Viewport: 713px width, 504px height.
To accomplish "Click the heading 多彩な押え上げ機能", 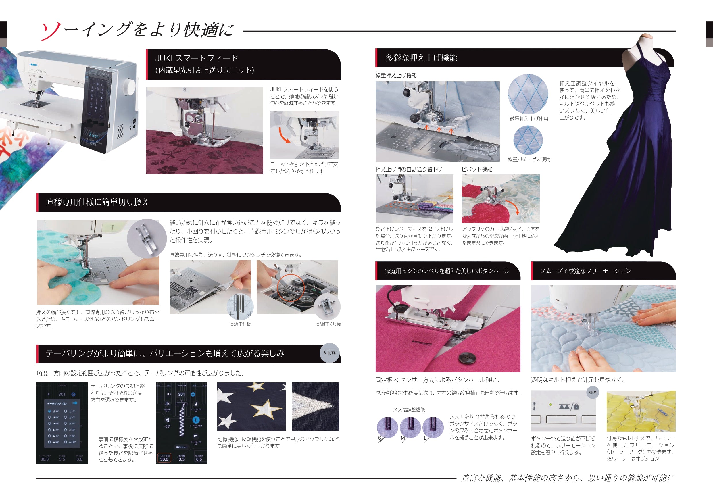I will (421, 58).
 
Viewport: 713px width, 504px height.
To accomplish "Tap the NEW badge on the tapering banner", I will (329, 353).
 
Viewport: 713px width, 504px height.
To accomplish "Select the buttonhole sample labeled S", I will (387, 428).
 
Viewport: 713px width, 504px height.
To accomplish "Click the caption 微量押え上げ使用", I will (528, 119).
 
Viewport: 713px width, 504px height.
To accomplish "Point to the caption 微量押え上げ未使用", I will (528, 159).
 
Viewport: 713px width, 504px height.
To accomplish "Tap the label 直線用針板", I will (240, 324).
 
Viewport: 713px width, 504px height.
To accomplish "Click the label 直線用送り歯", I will (328, 324).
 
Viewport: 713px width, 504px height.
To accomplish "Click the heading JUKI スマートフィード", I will (197, 58).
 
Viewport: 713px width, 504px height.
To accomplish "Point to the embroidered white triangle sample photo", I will (315, 406).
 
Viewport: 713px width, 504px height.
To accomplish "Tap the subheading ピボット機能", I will (477, 169).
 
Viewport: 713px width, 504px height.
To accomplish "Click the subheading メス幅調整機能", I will (409, 410).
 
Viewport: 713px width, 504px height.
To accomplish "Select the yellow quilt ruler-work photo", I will (641, 411).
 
